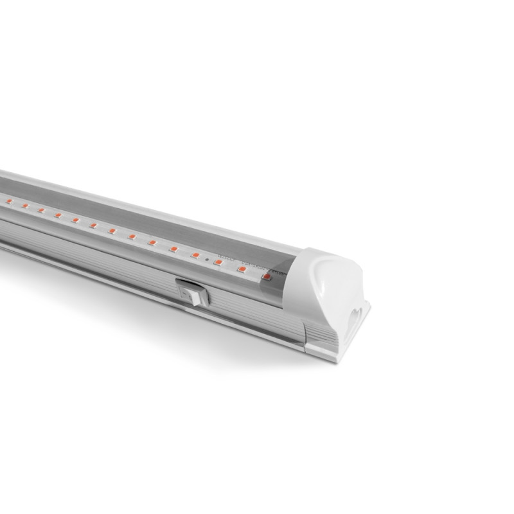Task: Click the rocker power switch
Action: [x=198, y=294]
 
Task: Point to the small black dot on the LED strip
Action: [x=206, y=259]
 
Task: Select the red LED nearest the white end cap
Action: [x=266, y=277]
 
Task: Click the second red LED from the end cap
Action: [x=242, y=269]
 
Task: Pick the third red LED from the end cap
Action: [x=218, y=262]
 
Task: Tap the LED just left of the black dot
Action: [x=195, y=255]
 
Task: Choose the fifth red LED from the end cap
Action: [x=173, y=248]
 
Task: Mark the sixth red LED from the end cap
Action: [x=152, y=242]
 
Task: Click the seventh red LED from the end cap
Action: [x=132, y=236]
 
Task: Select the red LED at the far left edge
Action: [x=9, y=202]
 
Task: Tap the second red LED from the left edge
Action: [x=25, y=206]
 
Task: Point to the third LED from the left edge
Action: [x=41, y=210]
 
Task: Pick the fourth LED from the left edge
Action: [x=58, y=215]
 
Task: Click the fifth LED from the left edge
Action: [x=75, y=220]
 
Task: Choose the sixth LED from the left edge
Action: [x=93, y=225]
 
